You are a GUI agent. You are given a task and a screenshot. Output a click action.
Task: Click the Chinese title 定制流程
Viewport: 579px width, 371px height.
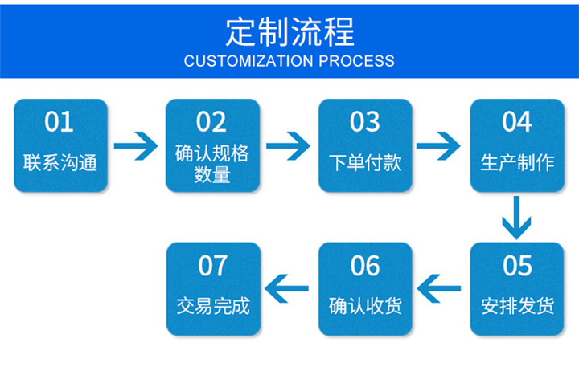point(289,32)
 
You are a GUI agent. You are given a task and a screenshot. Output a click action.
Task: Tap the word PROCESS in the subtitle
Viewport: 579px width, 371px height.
point(356,61)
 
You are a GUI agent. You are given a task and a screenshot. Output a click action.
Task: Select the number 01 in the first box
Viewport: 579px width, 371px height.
point(59,122)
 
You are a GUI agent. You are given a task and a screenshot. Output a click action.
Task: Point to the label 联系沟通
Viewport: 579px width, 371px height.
point(60,162)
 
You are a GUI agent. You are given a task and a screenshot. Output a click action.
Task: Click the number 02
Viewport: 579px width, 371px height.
point(211,122)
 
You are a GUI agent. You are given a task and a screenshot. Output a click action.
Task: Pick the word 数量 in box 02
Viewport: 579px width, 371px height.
point(212,174)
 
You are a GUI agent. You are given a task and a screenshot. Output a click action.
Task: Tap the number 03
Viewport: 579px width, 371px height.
point(365,122)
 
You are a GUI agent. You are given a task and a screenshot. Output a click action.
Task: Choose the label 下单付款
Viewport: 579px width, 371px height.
point(365,162)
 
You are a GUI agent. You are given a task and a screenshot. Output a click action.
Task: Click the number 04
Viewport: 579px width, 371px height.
point(516,122)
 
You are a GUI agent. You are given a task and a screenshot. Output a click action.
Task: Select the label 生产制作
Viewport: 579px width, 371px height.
point(517,162)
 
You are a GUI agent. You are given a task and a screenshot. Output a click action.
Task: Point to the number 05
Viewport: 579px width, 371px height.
point(517,266)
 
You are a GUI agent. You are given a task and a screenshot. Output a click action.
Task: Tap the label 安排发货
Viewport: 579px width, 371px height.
point(517,306)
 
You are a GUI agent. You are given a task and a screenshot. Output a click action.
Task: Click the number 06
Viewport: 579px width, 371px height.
point(365,266)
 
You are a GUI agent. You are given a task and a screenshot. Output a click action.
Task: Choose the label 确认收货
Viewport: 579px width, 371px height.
point(365,306)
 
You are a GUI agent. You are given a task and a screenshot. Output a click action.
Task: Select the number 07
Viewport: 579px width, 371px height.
point(212,266)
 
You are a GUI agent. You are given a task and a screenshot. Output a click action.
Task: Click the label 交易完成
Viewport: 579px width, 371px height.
point(213,306)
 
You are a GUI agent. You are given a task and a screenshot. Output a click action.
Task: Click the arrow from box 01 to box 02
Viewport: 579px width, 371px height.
point(136,146)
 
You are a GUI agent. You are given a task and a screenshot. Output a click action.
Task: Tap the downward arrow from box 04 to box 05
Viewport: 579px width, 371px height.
point(516,218)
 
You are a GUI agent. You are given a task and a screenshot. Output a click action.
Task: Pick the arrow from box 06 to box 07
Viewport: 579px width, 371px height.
point(286,288)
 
